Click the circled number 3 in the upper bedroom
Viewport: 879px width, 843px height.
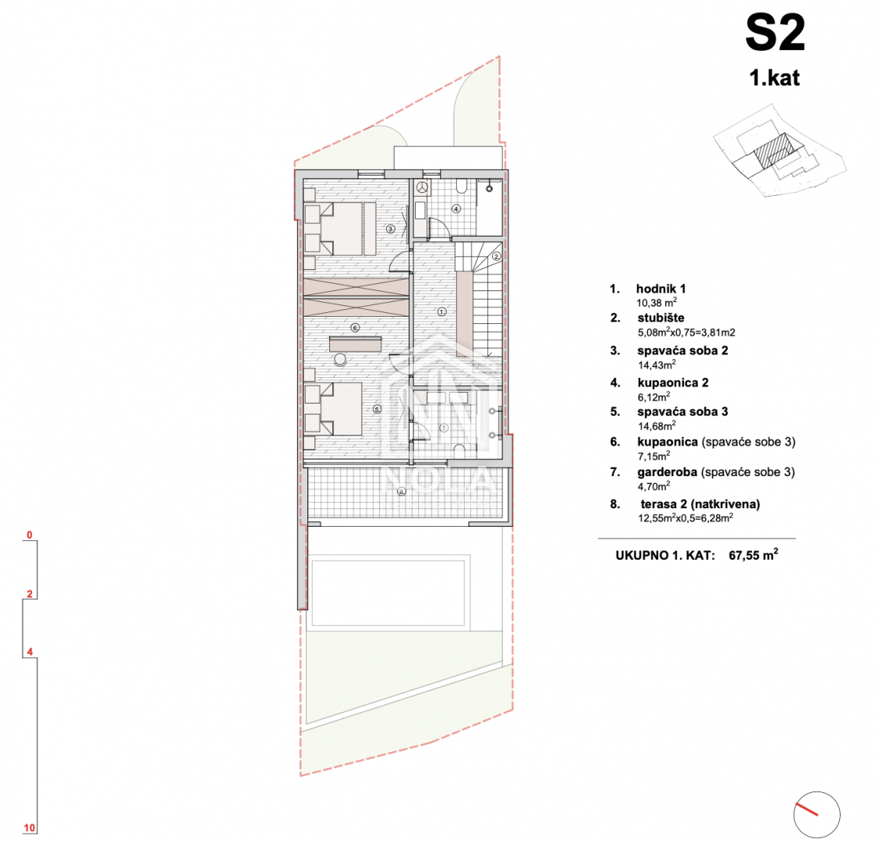coord(390,229)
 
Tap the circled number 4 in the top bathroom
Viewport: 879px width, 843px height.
coord(456,209)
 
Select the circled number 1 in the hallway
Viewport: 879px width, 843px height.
coord(441,311)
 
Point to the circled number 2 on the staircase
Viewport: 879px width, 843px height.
coord(496,257)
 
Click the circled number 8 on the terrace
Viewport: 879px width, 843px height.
coord(402,492)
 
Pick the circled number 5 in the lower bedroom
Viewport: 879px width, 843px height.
coord(377,410)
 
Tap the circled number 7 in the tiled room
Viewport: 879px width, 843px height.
coord(444,428)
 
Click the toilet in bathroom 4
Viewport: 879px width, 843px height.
coord(462,186)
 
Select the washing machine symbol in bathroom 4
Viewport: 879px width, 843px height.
coord(422,188)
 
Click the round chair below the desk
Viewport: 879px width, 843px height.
coord(340,360)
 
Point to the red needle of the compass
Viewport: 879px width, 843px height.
coord(806,809)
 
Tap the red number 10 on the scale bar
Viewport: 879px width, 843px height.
coord(29,828)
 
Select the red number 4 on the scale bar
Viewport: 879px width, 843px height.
coord(30,652)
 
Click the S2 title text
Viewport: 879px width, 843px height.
coord(775,34)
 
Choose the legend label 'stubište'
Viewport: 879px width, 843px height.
coord(661,318)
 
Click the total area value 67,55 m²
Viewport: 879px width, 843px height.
coord(753,555)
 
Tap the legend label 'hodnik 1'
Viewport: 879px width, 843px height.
coord(661,289)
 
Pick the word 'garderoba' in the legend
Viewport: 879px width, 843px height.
coord(667,472)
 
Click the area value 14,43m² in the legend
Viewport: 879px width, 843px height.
coord(657,365)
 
